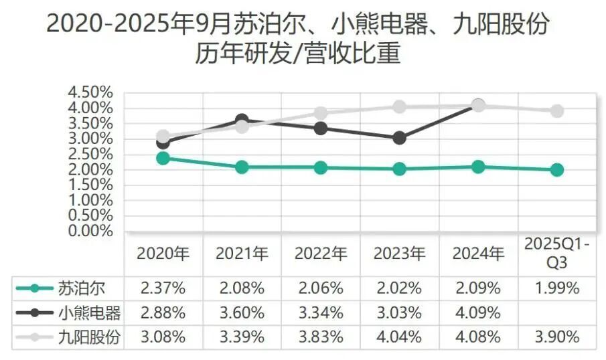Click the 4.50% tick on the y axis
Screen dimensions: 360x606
(x=90, y=92)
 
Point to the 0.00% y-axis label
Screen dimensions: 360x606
(x=90, y=232)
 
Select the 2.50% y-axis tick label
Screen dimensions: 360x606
(x=90, y=154)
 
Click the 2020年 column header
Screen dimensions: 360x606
(x=163, y=254)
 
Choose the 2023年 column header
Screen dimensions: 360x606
(x=399, y=254)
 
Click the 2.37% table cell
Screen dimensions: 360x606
(x=163, y=288)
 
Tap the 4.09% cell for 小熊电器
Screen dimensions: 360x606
(x=478, y=312)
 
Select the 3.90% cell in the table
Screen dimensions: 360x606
(x=556, y=337)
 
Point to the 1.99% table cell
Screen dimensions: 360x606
(x=556, y=288)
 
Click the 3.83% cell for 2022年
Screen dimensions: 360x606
(x=321, y=337)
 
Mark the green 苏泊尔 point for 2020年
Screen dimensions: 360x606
(x=163, y=158)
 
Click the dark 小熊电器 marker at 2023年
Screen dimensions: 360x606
(x=399, y=138)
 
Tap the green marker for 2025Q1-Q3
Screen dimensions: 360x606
(x=556, y=170)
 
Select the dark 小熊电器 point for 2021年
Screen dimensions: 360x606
(x=242, y=120)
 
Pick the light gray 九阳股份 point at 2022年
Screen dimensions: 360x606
(x=321, y=113)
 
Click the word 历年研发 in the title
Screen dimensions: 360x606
(x=245, y=54)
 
